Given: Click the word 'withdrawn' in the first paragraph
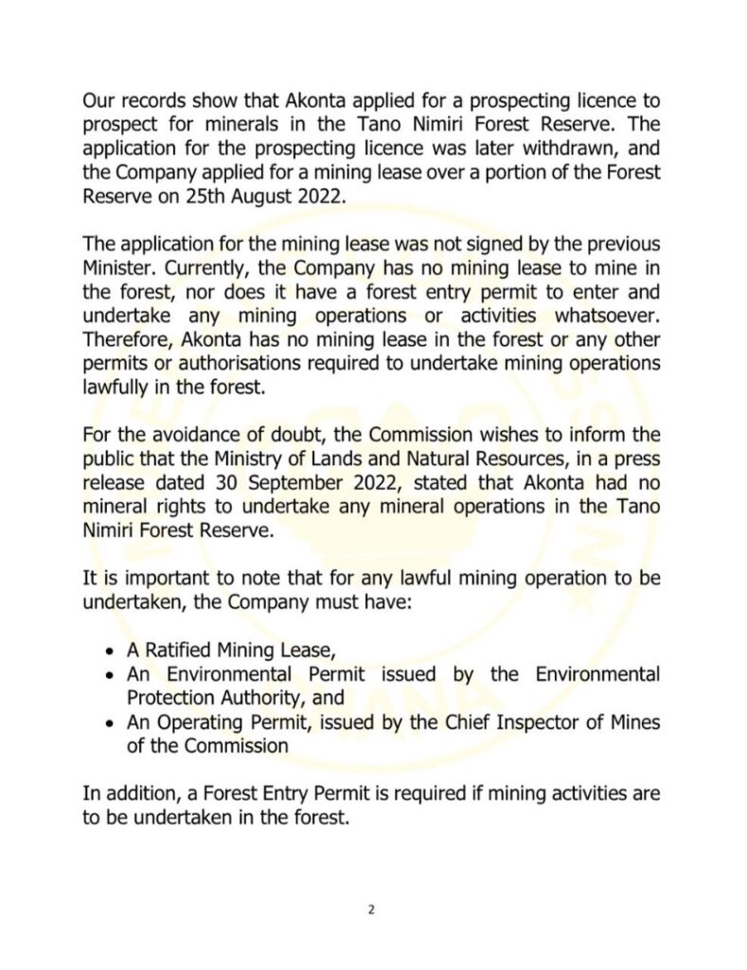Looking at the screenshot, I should [x=527, y=150].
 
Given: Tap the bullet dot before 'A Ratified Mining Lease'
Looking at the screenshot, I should [x=111, y=653].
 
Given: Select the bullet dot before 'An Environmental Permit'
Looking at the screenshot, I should [x=111, y=676].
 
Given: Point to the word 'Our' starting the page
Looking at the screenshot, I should [x=98, y=100].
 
